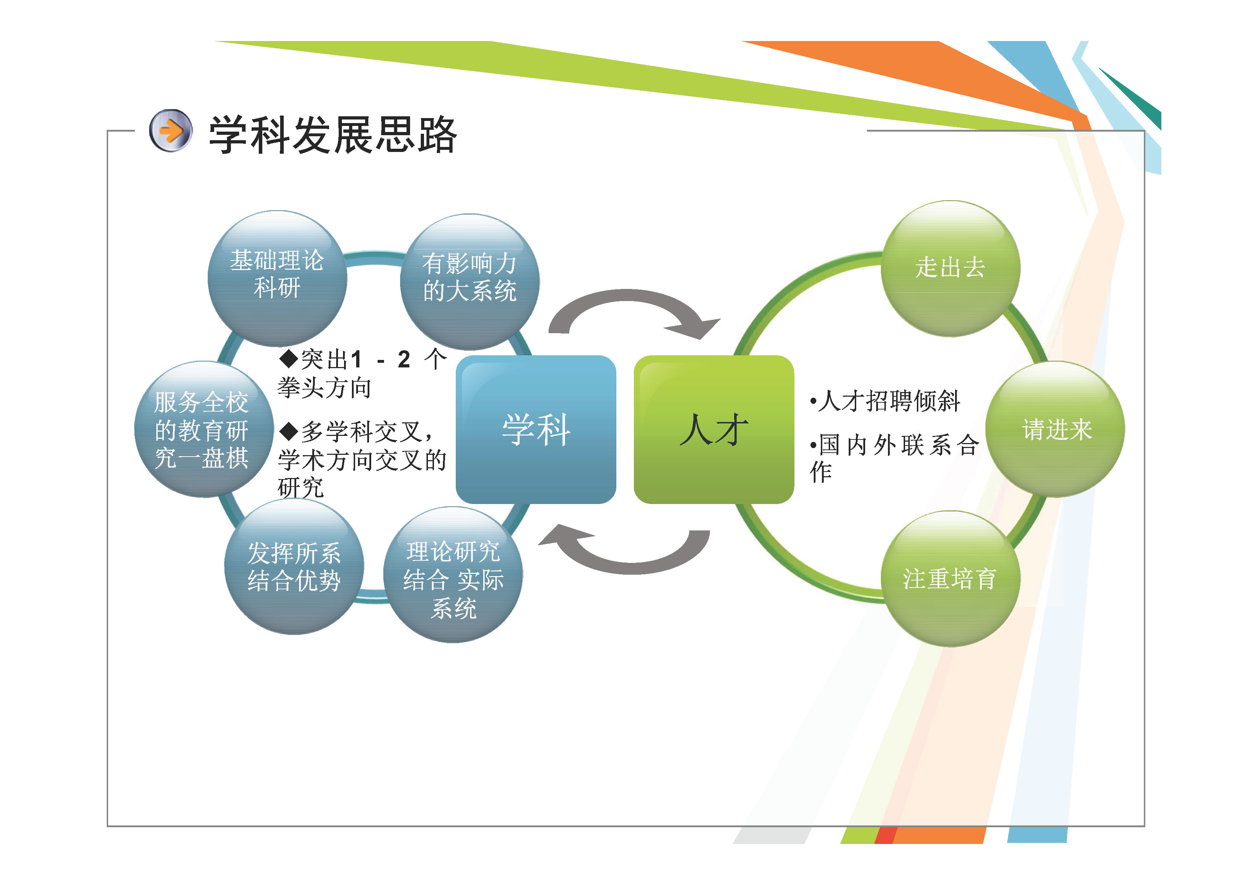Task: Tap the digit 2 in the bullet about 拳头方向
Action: click(x=404, y=360)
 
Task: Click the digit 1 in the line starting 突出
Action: click(x=357, y=360)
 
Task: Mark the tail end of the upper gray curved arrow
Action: click(x=559, y=332)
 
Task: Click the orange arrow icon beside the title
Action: click(x=171, y=131)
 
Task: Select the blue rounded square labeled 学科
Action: click(x=536, y=429)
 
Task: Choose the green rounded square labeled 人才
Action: click(x=714, y=429)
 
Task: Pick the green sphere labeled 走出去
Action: click(x=950, y=269)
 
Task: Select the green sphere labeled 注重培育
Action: click(x=950, y=579)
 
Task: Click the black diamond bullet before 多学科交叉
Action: click(x=288, y=432)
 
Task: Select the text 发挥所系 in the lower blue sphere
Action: click(x=294, y=553)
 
